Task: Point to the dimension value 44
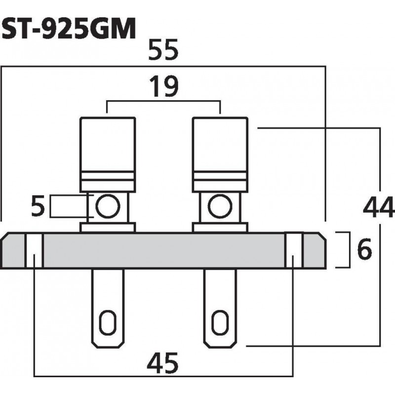(379, 206)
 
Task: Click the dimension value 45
(163, 364)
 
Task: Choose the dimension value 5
(38, 206)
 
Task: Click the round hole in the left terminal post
(107, 206)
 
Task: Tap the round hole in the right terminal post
(219, 206)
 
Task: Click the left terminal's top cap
(108, 143)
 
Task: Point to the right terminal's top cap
(219, 143)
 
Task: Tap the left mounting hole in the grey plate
(34, 251)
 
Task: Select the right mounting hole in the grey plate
(294, 251)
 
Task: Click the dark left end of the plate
(13, 251)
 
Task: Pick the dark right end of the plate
(314, 251)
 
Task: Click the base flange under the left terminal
(108, 228)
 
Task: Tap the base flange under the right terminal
(219, 228)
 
